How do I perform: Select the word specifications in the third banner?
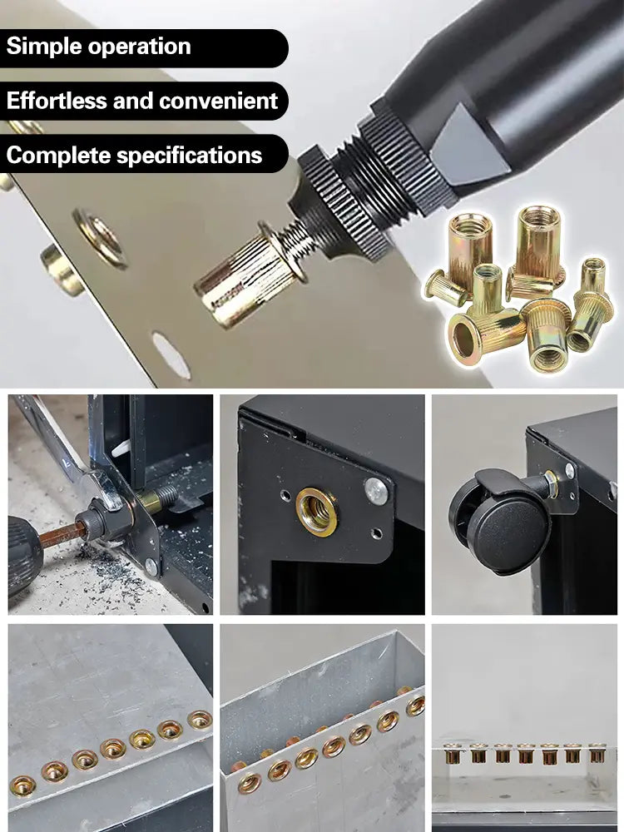coord(190,156)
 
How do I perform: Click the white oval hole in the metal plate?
coord(171,355)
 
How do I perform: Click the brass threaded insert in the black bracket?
coord(316,512)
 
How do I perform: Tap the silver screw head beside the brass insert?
coord(376,491)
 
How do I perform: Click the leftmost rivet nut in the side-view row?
coord(453,754)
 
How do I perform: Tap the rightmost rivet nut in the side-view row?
coord(597,753)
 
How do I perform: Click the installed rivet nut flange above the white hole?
coord(101,238)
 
